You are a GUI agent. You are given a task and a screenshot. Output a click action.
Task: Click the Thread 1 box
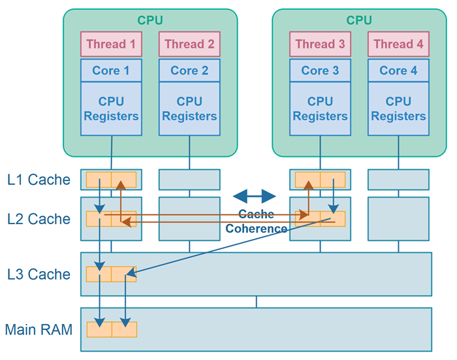pyautogui.click(x=111, y=44)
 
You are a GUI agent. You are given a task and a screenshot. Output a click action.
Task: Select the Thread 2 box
pyautogui.click(x=189, y=44)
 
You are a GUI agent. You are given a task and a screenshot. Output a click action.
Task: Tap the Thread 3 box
pyautogui.click(x=320, y=44)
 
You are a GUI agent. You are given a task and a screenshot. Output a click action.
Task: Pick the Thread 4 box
pyautogui.click(x=398, y=44)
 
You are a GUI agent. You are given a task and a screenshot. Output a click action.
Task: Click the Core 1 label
pyautogui.click(x=111, y=71)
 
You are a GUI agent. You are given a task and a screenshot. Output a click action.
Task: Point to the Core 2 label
pyautogui.click(x=189, y=71)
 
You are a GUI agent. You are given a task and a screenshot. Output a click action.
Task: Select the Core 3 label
pyautogui.click(x=320, y=71)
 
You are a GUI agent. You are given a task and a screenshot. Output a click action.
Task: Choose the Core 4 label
pyautogui.click(x=398, y=71)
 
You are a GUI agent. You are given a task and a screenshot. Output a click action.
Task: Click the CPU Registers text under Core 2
pyautogui.click(x=189, y=108)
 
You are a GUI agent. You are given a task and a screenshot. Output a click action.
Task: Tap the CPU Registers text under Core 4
pyautogui.click(x=398, y=108)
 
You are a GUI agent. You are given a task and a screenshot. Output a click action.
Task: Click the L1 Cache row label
pyautogui.click(x=39, y=180)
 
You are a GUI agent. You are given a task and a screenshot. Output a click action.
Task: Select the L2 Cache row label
pyautogui.click(x=39, y=219)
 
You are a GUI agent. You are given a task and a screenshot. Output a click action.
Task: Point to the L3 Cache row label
pyautogui.click(x=39, y=274)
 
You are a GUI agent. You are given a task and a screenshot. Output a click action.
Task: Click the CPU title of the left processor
pyautogui.click(x=150, y=20)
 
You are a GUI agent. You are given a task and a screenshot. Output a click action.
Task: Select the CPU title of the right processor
pyautogui.click(x=359, y=20)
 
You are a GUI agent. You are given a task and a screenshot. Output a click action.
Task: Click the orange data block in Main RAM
pyautogui.click(x=111, y=329)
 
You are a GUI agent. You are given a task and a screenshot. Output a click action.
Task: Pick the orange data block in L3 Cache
pyautogui.click(x=111, y=274)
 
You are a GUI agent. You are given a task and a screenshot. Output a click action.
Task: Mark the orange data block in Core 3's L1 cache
pyautogui.click(x=320, y=180)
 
